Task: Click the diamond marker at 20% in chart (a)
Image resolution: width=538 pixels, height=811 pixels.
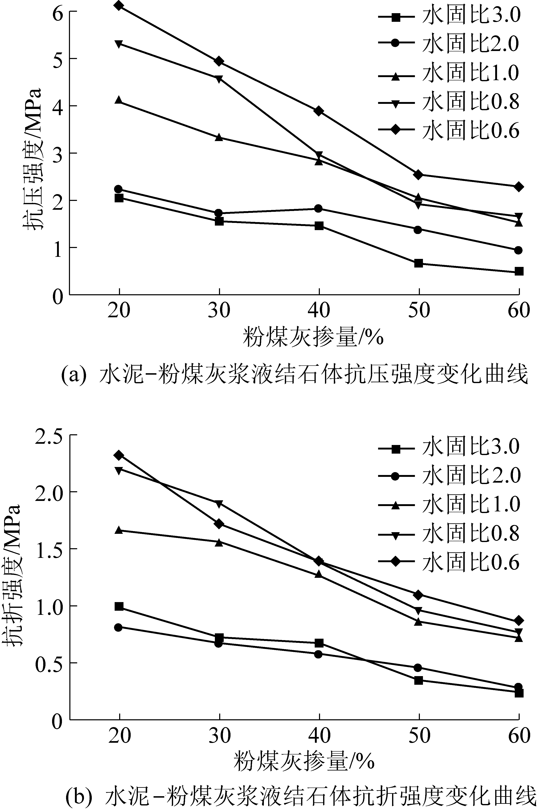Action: (x=119, y=6)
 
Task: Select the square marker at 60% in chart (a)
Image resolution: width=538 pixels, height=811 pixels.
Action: (x=519, y=271)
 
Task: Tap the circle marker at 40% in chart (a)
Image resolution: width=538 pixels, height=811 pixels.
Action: (x=318, y=209)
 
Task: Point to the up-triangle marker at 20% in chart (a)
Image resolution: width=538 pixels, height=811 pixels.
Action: (x=119, y=100)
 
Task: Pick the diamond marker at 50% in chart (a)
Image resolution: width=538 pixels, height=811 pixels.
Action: (x=418, y=174)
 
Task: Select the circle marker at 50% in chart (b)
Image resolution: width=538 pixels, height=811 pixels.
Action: (x=418, y=667)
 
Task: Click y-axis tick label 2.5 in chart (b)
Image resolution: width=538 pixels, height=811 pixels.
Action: (x=48, y=435)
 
